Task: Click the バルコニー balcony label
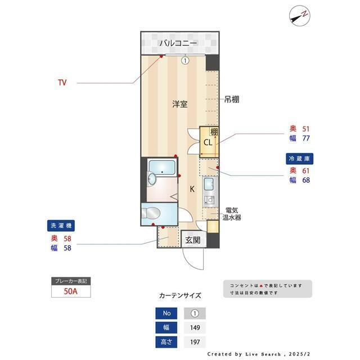pyautogui.click(x=177, y=43)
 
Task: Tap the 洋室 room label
pyautogui.click(x=179, y=104)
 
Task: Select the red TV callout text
pyautogui.click(x=62, y=83)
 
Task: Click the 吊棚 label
pyautogui.click(x=232, y=100)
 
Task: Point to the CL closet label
pyautogui.click(x=208, y=142)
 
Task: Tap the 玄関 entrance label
pyautogui.click(x=192, y=240)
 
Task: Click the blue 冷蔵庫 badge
pyautogui.click(x=299, y=159)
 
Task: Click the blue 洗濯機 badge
pyautogui.click(x=61, y=226)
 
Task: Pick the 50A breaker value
pyautogui.click(x=70, y=292)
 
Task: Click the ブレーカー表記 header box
pyautogui.click(x=70, y=281)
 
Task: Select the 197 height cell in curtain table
pyautogui.click(x=195, y=342)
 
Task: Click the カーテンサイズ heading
pyautogui.click(x=179, y=295)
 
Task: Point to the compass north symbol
pyautogui.click(x=299, y=16)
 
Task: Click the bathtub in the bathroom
pyautogui.click(x=161, y=167)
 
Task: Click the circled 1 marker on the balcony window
pyautogui.click(x=184, y=61)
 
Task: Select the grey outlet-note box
pyautogui.click(x=267, y=289)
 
